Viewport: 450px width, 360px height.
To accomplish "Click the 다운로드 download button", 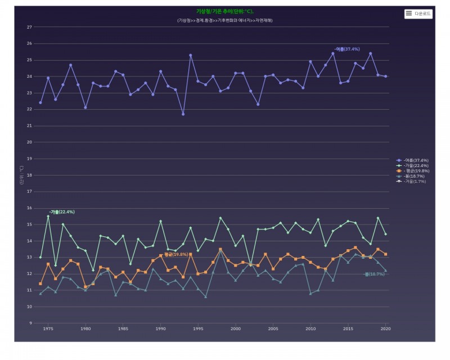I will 418,13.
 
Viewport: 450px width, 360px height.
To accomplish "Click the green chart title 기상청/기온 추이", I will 225,11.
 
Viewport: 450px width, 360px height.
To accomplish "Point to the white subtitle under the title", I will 225,20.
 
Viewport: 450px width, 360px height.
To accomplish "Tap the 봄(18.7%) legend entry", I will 413,176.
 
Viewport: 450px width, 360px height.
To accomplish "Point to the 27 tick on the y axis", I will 29,27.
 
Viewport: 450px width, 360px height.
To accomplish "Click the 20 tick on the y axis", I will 29,142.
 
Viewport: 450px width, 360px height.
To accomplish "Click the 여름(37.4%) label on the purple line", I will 347,49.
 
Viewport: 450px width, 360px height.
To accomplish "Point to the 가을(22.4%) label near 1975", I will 62,212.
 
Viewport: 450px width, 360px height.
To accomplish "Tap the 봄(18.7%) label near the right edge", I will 375,274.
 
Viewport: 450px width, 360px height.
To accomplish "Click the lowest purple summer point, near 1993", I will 183,114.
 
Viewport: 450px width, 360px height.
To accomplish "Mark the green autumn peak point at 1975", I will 48,216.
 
